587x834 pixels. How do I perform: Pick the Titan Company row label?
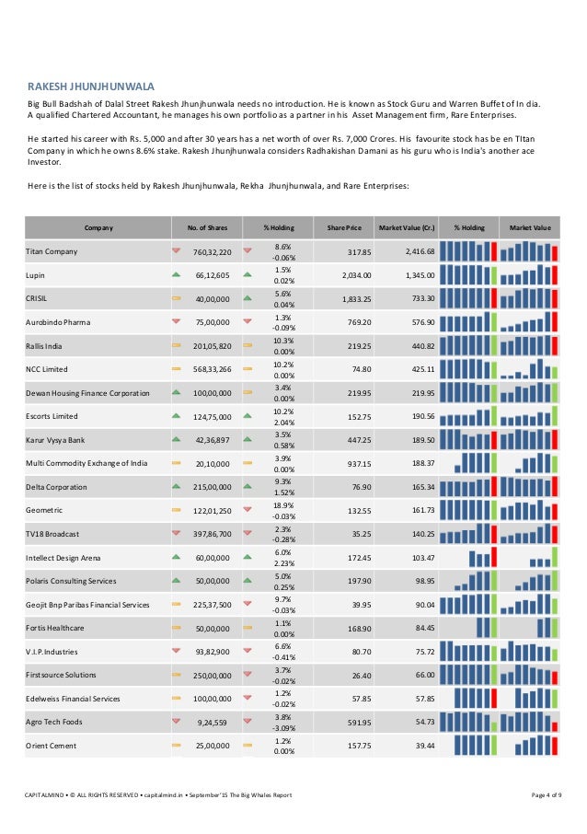point(52,251)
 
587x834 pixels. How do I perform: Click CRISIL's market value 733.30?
point(419,299)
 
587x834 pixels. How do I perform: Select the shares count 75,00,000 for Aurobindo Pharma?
point(212,322)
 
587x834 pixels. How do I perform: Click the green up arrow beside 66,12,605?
point(177,274)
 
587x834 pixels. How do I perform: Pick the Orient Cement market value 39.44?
point(421,746)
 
